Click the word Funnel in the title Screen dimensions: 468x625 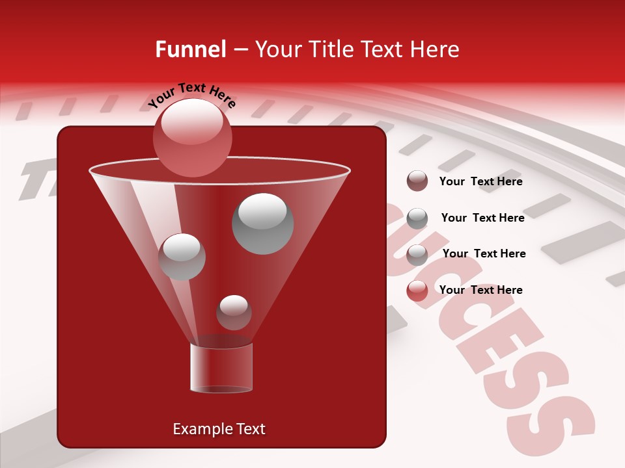point(190,49)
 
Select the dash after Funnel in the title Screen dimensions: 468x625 point(240,50)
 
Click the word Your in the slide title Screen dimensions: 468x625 point(278,49)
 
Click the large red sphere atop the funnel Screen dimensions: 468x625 point(193,137)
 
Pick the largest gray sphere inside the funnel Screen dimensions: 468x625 point(262,223)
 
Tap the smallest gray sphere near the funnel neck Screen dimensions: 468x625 point(234,312)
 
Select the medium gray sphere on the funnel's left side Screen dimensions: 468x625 point(182,257)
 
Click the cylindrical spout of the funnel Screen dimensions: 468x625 point(221,368)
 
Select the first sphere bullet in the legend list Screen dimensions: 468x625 point(417,181)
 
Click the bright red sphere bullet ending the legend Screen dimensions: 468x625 point(417,291)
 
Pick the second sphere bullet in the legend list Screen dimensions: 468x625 point(417,218)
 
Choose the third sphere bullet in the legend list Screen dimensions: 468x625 point(417,254)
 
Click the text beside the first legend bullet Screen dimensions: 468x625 point(480,181)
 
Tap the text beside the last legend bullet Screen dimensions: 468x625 point(480,290)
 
